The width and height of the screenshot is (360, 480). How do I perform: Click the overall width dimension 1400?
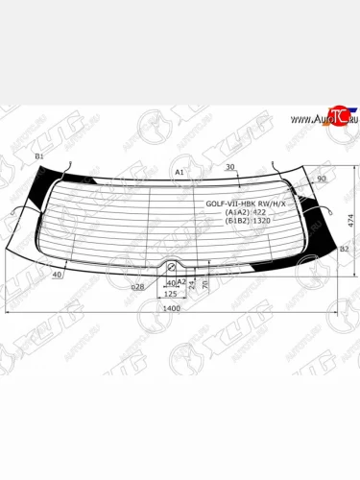172,308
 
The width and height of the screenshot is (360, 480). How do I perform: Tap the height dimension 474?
351,220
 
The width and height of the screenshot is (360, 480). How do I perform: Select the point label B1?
39,156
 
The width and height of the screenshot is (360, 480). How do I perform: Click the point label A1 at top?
179,172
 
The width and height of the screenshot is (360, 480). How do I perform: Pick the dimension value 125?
171,294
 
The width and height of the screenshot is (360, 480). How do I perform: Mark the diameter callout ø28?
137,286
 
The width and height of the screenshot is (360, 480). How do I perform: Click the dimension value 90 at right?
321,179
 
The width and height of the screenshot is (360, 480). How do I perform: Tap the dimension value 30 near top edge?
229,167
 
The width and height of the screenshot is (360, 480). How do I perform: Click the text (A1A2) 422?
242,212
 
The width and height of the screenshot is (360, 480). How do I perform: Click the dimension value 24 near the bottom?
192,285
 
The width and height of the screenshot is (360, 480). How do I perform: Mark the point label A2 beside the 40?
181,281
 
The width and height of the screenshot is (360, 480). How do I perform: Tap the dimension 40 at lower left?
58,275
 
